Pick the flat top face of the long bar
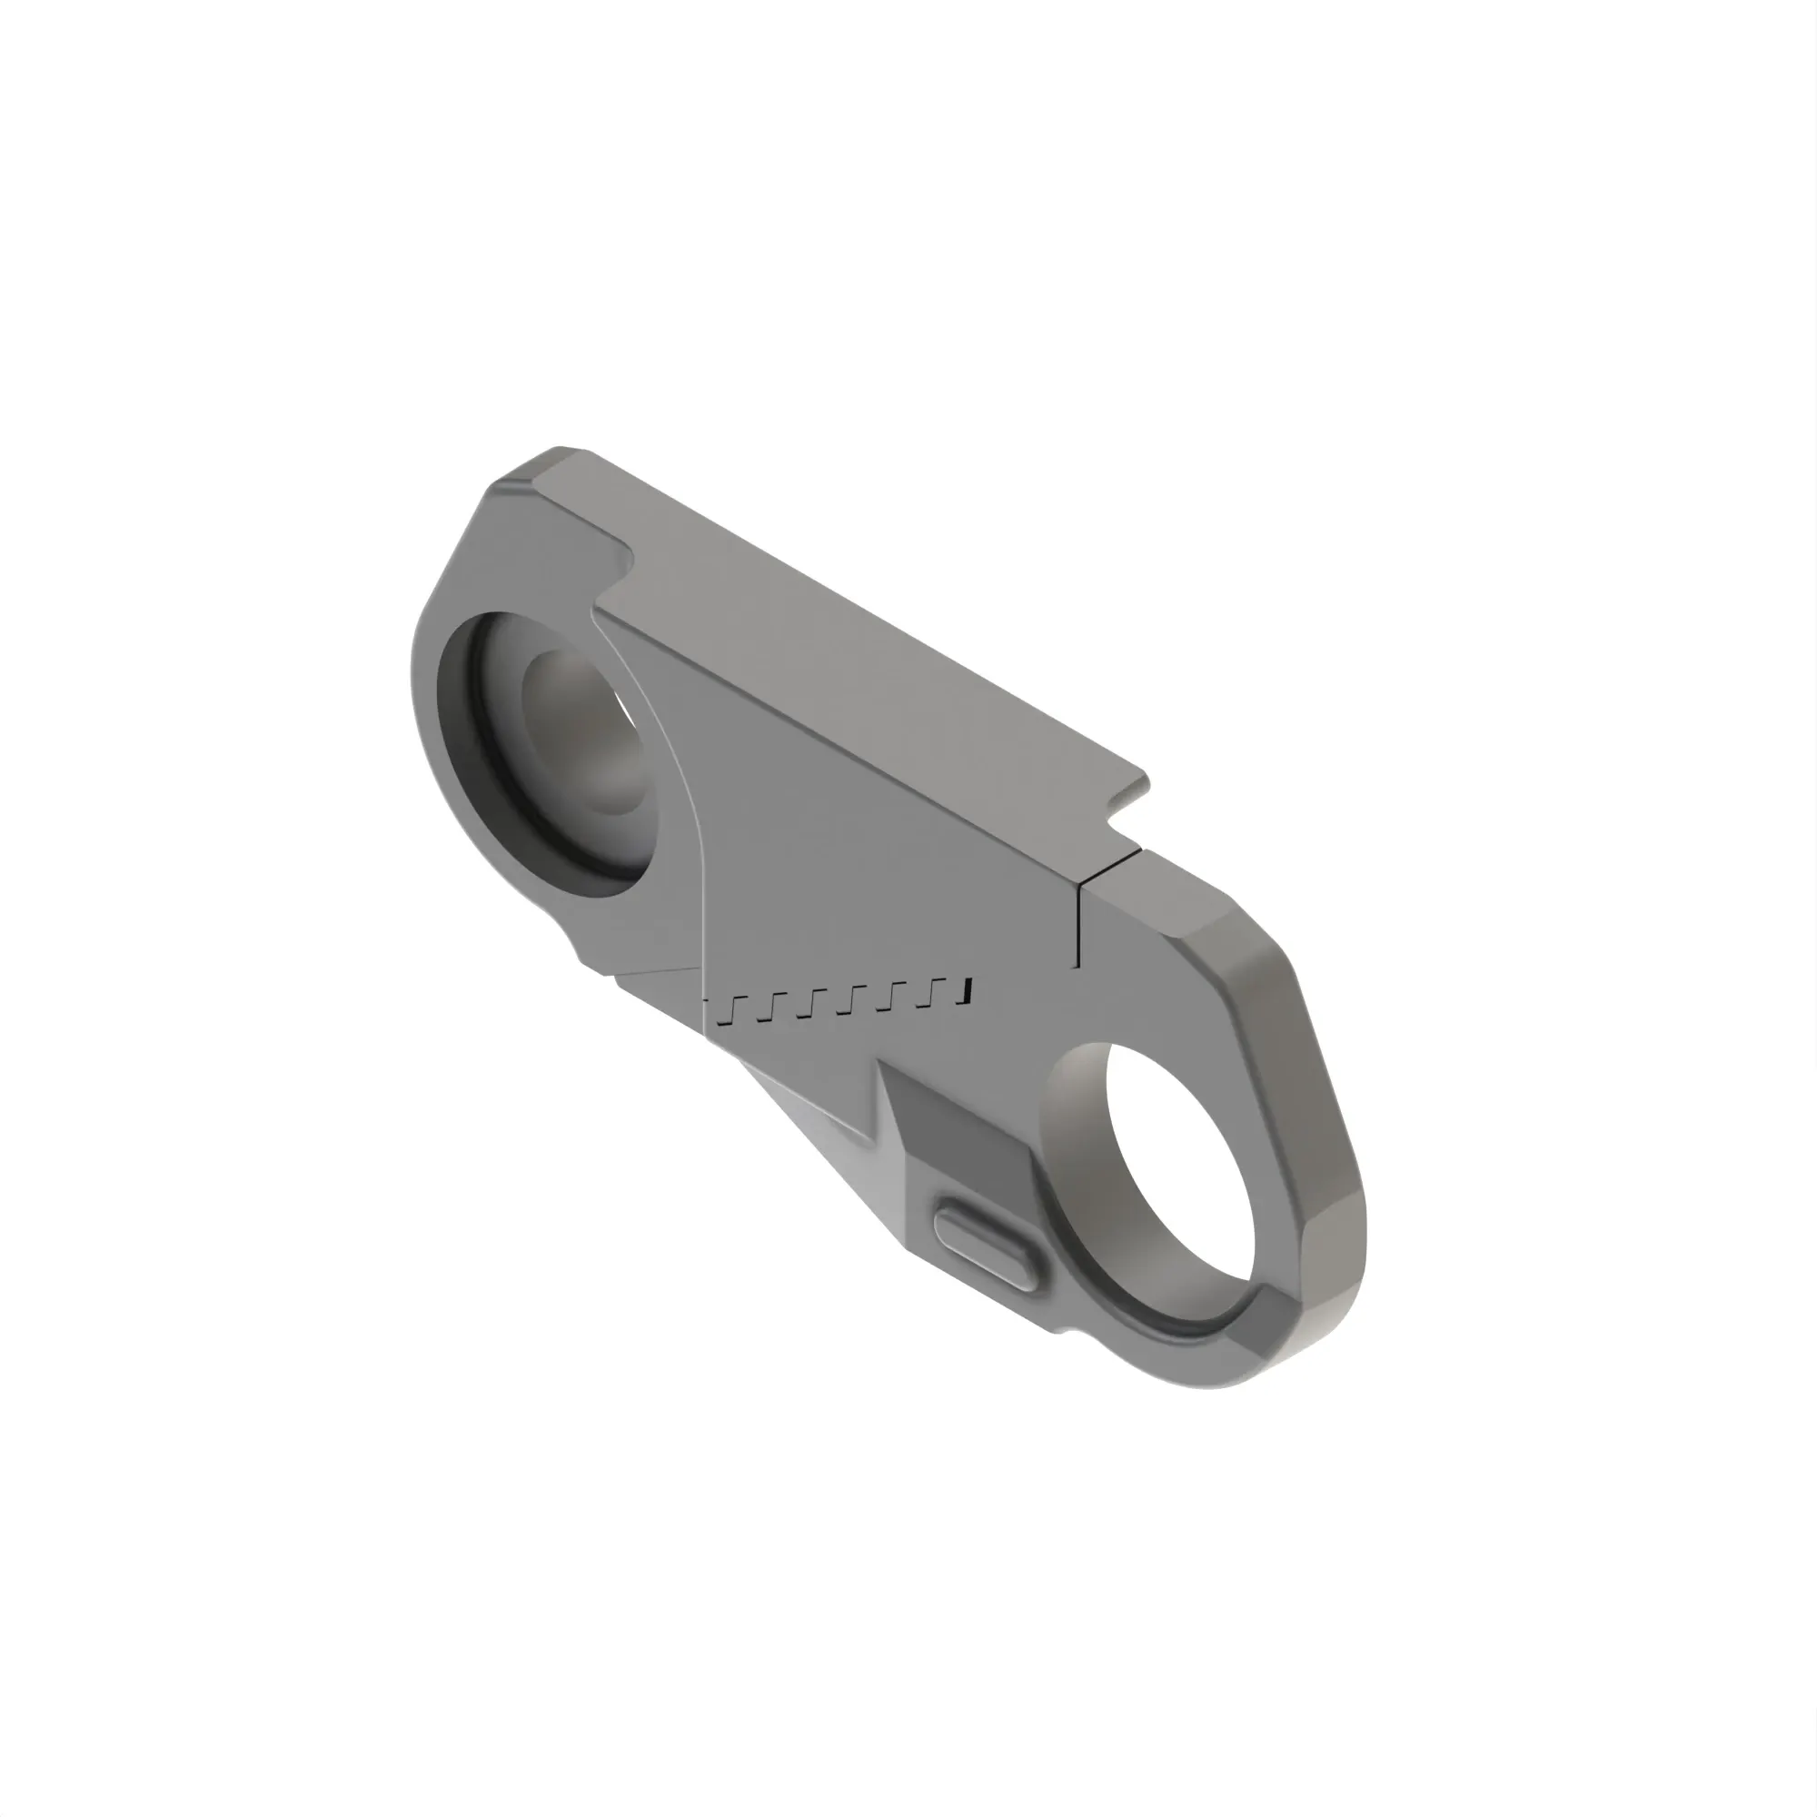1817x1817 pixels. (847, 649)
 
